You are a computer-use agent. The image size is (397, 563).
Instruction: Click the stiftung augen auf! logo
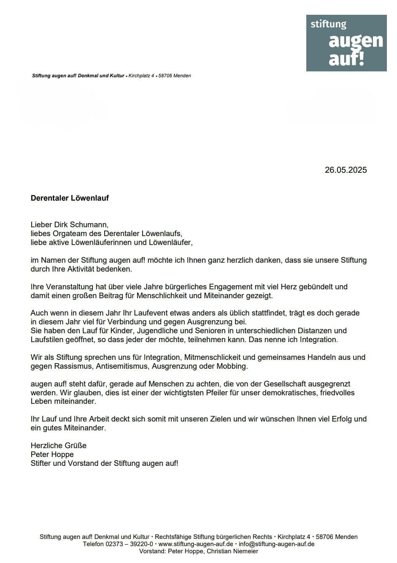tap(346, 43)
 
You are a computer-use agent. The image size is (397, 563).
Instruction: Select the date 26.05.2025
tap(346, 170)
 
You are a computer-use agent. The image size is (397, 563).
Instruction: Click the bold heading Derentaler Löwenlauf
tap(70, 198)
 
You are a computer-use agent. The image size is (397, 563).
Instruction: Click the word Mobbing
tap(232, 366)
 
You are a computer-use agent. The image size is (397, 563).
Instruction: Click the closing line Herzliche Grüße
tap(59, 446)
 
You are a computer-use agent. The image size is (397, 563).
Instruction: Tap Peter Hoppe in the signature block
tap(52, 454)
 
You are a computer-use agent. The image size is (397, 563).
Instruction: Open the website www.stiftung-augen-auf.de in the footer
tap(196, 544)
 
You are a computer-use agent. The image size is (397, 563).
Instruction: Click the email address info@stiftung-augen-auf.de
tap(276, 544)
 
